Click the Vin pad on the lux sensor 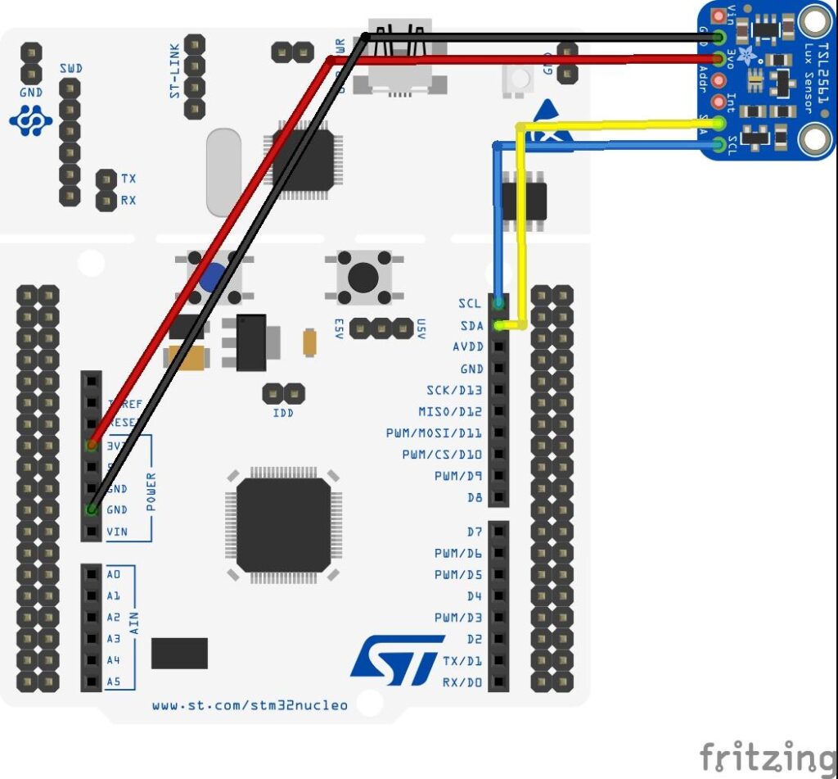click(719, 16)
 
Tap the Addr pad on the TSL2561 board click(719, 80)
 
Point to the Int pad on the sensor click(719, 102)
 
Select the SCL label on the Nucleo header click(470, 304)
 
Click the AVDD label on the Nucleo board click(467, 347)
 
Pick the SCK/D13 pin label click(454, 390)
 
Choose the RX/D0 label click(462, 682)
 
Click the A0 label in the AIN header click(114, 574)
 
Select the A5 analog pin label click(114, 682)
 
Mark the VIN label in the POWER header click(117, 532)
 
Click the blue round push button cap click(212, 277)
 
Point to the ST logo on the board click(398, 660)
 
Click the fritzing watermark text click(767, 755)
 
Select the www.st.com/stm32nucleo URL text click(250, 705)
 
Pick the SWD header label click(70, 68)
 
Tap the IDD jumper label click(283, 413)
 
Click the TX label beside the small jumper click(128, 179)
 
